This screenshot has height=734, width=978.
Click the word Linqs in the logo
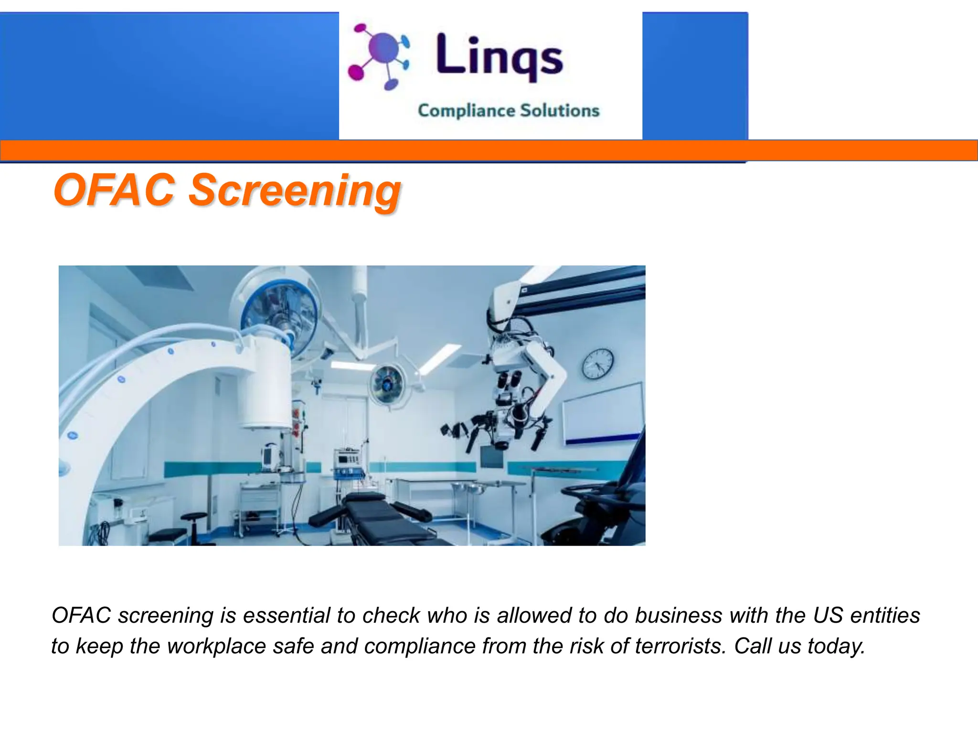click(x=500, y=56)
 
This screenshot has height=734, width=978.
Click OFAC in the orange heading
click(x=115, y=190)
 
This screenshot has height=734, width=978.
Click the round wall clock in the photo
click(x=598, y=364)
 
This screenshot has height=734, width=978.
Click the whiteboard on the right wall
click(x=603, y=413)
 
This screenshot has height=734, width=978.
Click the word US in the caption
click(x=828, y=615)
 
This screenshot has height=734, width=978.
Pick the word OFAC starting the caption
click(x=81, y=615)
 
